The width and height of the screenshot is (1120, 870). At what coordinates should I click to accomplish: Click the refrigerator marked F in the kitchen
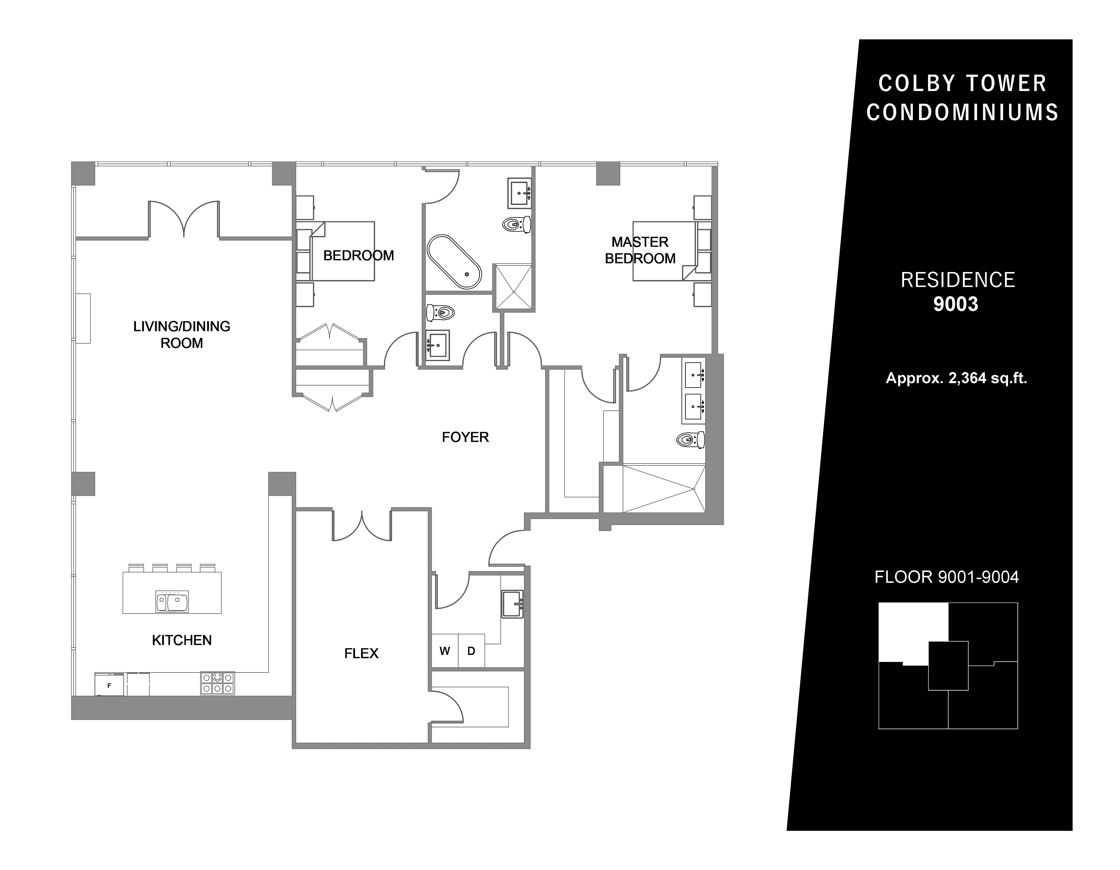click(109, 684)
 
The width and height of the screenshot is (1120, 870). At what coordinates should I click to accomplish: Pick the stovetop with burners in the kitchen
click(217, 683)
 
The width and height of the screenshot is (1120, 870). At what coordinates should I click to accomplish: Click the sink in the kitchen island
click(172, 601)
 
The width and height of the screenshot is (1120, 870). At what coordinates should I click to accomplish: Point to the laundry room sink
click(512, 604)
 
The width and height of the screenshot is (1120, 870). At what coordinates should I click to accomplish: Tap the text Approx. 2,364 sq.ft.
click(956, 378)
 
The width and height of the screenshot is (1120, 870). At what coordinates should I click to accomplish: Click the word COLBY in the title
click(917, 84)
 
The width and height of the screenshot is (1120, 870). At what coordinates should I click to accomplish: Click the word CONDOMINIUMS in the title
click(962, 112)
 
